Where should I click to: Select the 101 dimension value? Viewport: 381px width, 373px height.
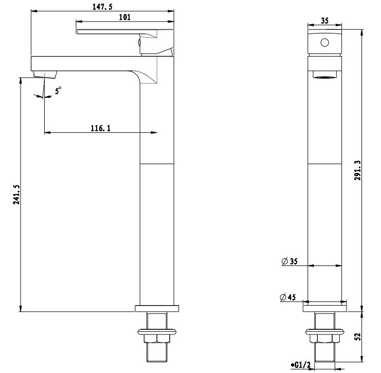124,17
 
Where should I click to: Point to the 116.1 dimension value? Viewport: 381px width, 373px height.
101,128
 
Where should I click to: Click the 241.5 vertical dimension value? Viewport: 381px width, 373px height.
16,194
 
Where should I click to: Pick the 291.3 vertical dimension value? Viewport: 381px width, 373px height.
358,170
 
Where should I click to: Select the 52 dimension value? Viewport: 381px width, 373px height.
358,336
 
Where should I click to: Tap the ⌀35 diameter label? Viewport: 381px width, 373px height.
290,261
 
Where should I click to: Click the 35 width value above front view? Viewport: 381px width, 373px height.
324,21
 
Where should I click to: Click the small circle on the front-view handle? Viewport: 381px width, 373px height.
324,43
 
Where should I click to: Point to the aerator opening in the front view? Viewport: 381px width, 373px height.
324,76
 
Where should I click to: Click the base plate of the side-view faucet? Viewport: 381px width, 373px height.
157,309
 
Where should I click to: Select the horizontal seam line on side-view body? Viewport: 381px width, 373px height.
157,164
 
